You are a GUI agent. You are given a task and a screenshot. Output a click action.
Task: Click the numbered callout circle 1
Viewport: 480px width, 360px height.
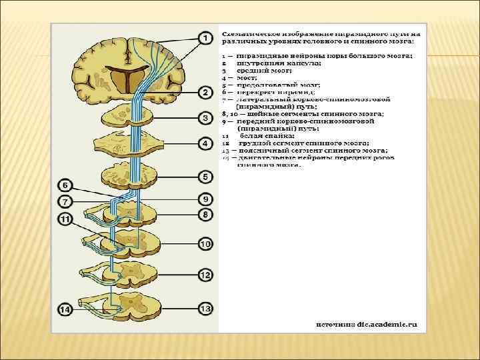pos(206,39)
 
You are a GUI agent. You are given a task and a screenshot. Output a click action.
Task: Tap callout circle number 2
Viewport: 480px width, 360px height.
pos(206,91)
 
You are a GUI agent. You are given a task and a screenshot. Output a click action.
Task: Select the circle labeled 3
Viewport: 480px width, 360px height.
pos(206,118)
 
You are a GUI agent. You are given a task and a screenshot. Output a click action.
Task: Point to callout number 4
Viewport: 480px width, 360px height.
pos(206,143)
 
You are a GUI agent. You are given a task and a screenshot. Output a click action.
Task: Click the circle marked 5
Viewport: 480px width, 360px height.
pos(206,177)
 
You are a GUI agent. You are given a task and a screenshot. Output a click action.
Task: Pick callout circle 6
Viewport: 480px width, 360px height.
pos(65,184)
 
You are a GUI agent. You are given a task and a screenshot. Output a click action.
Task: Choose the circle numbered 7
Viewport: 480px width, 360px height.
pos(65,201)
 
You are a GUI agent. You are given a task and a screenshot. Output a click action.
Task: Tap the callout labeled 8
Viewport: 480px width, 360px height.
pos(206,214)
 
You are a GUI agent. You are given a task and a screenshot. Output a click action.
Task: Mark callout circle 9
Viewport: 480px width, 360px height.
pos(206,199)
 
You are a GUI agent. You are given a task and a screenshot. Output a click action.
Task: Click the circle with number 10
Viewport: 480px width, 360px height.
pos(206,245)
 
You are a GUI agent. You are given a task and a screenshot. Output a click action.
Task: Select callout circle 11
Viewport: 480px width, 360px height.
pos(65,219)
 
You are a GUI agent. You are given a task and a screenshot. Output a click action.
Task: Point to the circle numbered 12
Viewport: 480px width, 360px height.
pos(206,275)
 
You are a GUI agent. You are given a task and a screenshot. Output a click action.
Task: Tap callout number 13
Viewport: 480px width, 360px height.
pos(206,308)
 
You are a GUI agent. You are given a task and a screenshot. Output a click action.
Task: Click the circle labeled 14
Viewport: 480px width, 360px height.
pos(65,310)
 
